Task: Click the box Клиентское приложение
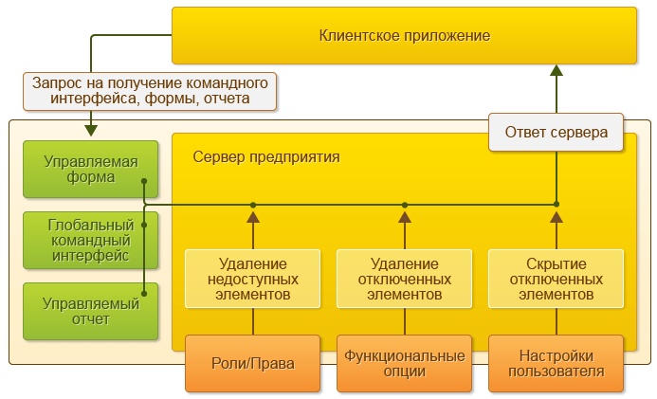point(405,36)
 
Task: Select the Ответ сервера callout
point(557,133)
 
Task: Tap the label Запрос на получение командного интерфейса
point(152,91)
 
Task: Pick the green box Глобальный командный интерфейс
point(91,239)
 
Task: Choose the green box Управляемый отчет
point(91,311)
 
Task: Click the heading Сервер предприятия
point(266,156)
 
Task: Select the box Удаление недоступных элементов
point(252,279)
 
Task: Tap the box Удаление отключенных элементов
point(404,279)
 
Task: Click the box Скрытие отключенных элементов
point(557,279)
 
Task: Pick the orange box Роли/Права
point(252,363)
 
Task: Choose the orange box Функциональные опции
point(404,363)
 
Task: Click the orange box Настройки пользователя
point(557,363)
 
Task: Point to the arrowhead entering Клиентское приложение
point(557,71)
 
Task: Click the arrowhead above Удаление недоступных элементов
point(253,217)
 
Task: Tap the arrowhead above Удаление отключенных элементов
point(405,217)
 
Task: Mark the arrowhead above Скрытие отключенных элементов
point(557,217)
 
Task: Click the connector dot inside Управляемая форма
point(143,180)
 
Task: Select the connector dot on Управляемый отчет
point(143,292)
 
